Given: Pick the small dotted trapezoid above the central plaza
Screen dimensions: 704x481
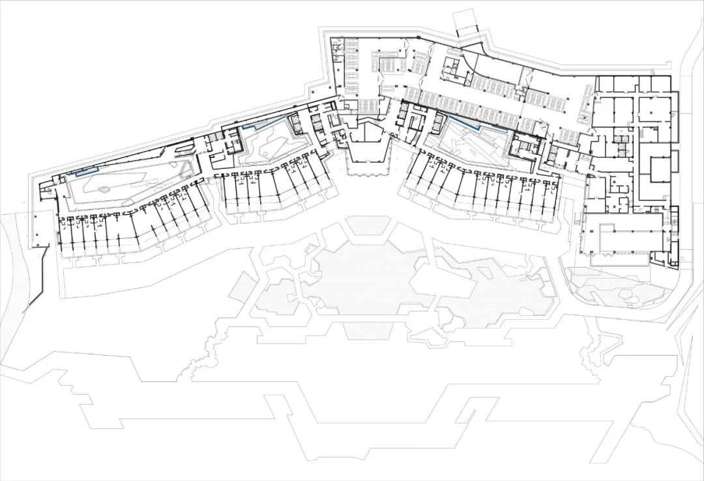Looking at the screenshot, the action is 368,226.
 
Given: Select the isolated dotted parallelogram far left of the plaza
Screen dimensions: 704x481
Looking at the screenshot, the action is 241,286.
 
